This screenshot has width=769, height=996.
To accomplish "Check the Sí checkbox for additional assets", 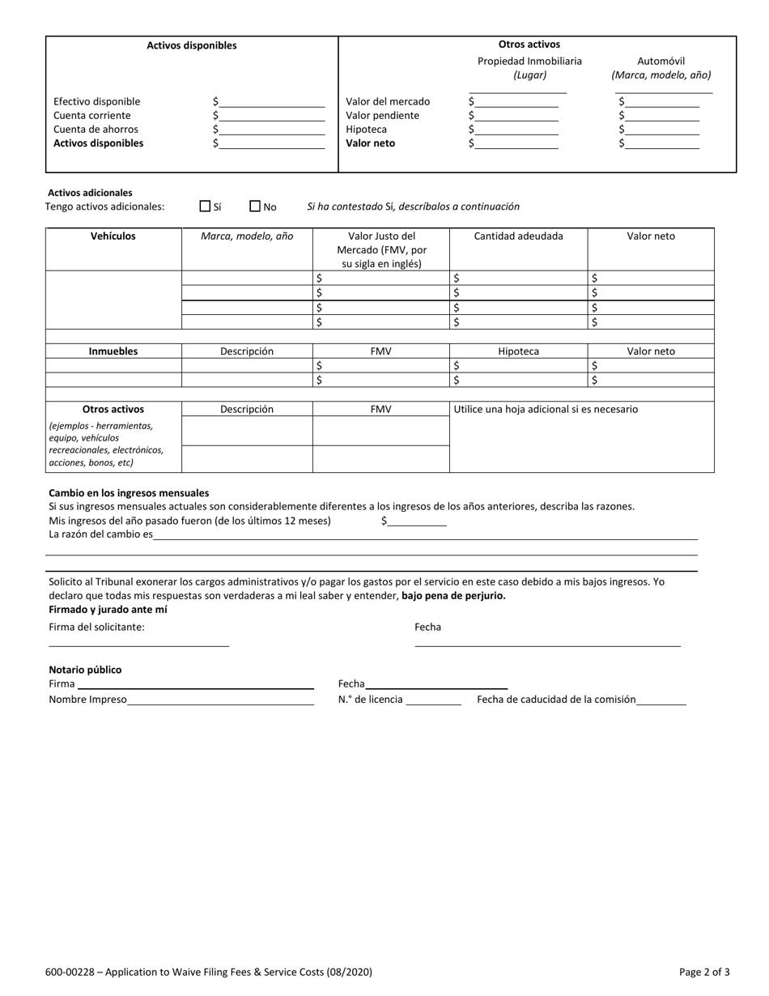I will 205,206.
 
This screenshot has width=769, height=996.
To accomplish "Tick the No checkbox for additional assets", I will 255,206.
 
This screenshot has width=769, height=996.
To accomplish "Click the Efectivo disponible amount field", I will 271,102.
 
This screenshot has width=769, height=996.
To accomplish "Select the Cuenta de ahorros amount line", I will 271,130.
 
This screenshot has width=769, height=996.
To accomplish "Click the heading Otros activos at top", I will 529,45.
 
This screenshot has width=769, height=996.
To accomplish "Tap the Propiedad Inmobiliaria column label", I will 529,62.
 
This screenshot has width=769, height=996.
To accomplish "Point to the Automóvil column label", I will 661,62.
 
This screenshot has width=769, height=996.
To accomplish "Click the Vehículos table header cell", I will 113,236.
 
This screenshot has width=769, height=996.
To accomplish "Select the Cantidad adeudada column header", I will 518,236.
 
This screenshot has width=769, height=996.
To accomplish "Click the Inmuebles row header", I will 113,351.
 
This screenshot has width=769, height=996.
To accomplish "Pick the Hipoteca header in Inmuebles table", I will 518,351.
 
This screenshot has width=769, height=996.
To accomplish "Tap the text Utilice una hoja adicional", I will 546,410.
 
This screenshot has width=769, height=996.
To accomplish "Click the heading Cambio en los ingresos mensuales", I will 129,493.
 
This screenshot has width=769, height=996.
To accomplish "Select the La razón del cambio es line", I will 425,535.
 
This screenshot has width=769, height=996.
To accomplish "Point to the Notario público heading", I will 85,670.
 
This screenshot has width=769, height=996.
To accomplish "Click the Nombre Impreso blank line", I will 220,700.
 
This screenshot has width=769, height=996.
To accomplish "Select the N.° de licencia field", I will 433,700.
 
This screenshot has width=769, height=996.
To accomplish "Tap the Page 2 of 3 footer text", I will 703,973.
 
